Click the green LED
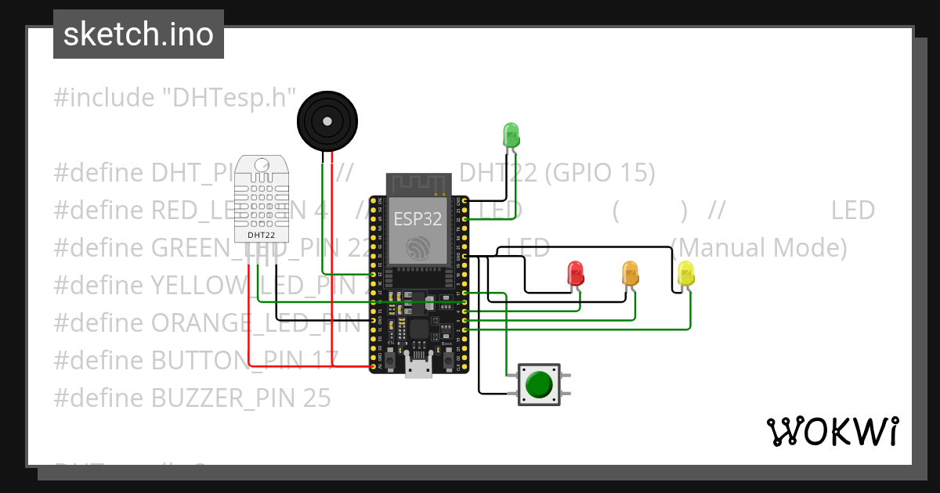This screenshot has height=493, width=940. pyautogui.click(x=511, y=135)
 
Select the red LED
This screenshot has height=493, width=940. pyautogui.click(x=575, y=273)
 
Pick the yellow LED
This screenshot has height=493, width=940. pyautogui.click(x=686, y=273)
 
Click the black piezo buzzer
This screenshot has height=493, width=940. pyautogui.click(x=327, y=120)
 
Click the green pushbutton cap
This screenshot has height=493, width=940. pyautogui.click(x=539, y=385)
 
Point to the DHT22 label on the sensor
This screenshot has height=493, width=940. pyautogui.click(x=261, y=234)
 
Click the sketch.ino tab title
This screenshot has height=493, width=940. pyautogui.click(x=139, y=34)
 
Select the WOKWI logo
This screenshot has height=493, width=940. pyautogui.click(x=832, y=431)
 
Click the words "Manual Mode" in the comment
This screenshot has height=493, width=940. pyautogui.click(x=759, y=248)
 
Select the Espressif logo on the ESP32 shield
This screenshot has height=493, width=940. pyautogui.click(x=417, y=248)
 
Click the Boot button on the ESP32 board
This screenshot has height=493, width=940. pyautogui.click(x=448, y=362)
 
